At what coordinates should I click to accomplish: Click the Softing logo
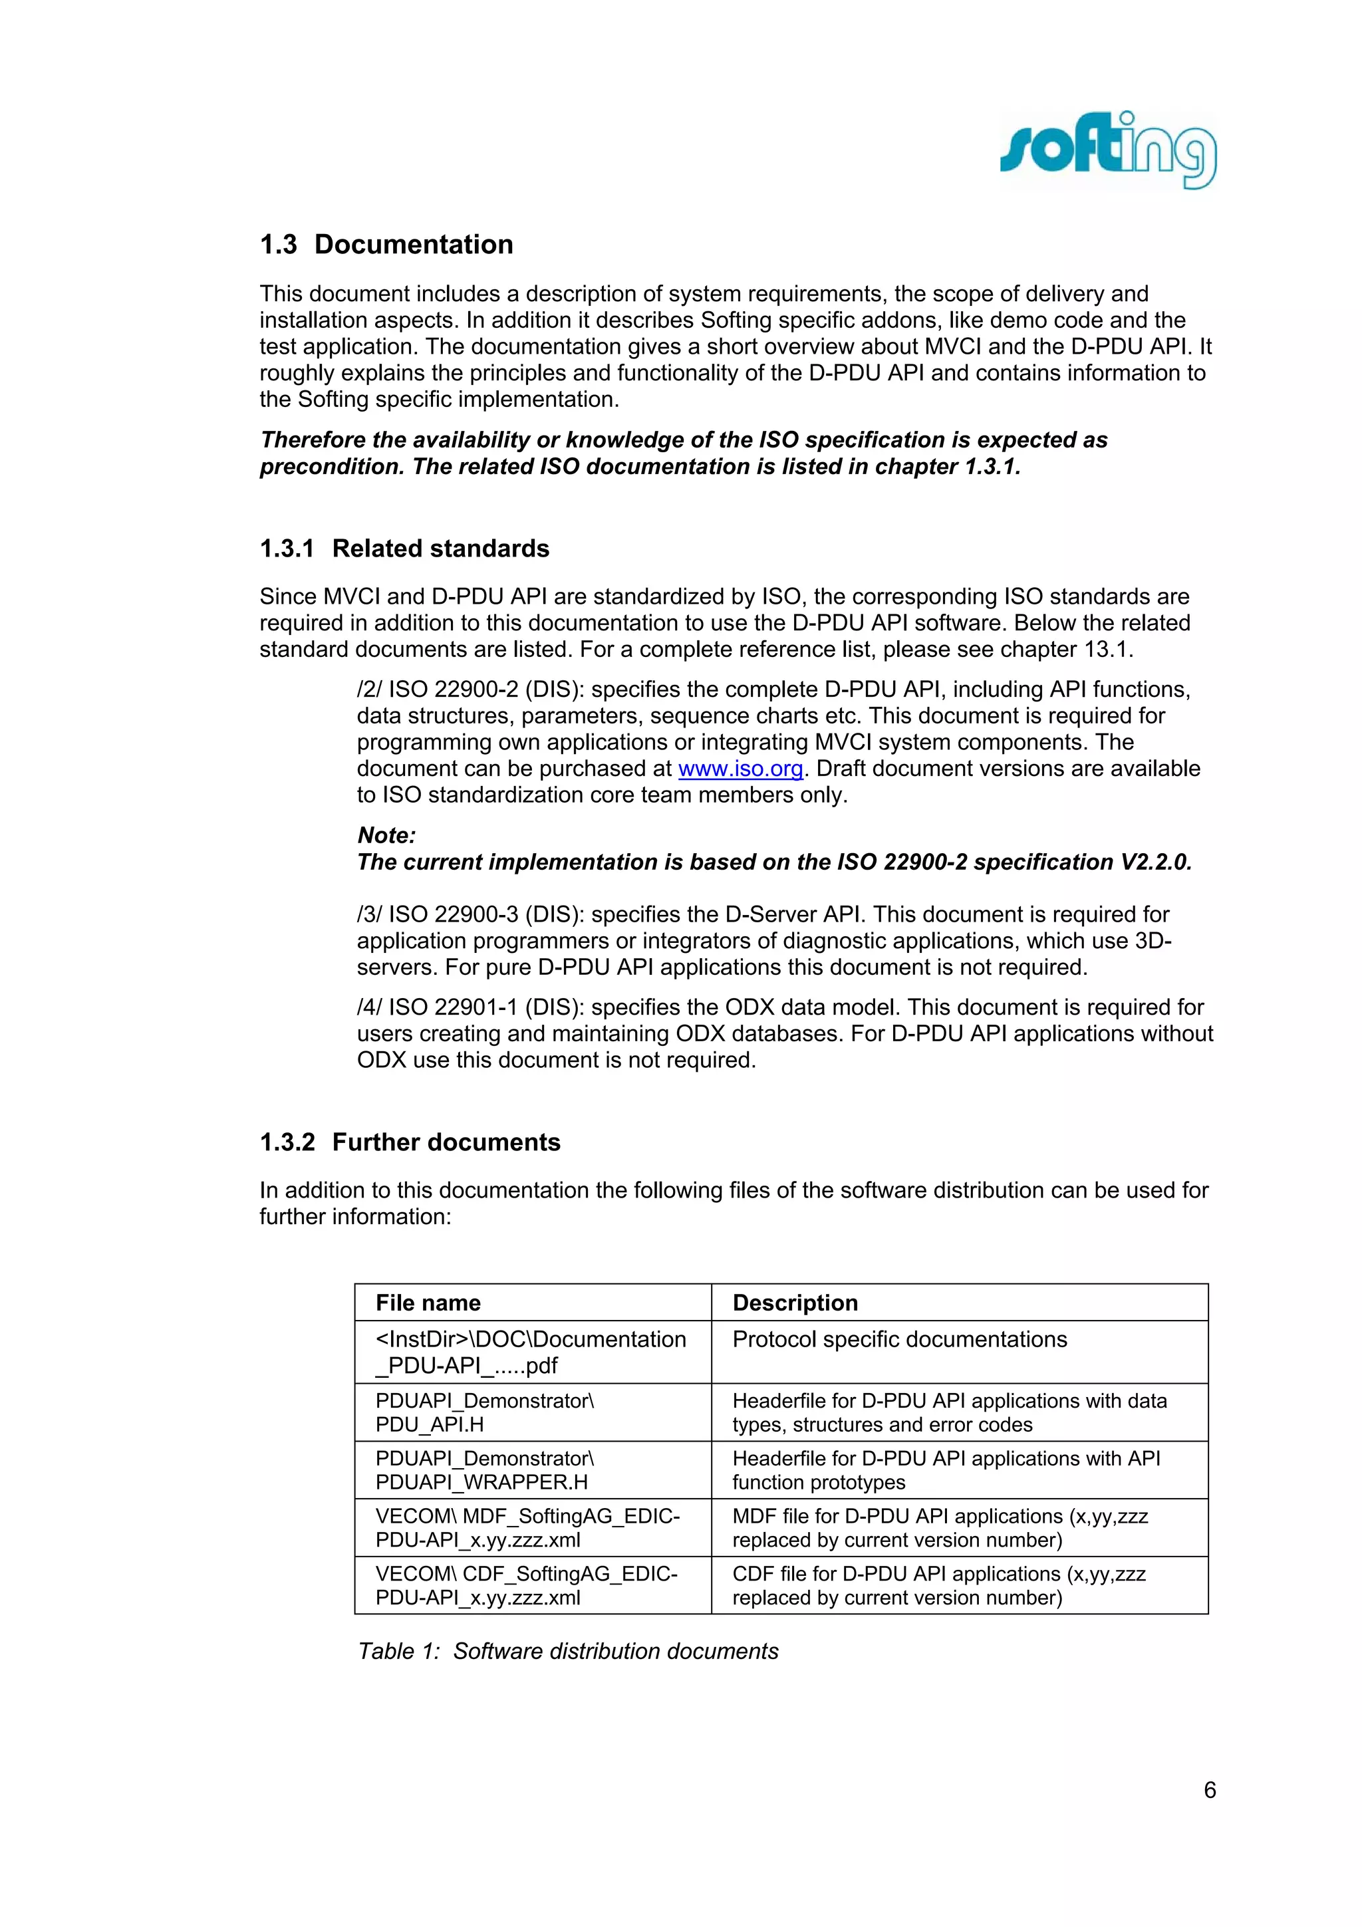click(1108, 152)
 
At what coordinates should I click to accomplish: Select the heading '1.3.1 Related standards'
click(404, 548)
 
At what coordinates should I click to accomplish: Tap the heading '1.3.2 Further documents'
click(410, 1142)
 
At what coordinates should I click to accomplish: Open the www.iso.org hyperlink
click(740, 769)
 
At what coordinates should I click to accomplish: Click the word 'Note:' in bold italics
click(386, 835)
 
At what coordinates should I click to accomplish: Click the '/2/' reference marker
click(368, 690)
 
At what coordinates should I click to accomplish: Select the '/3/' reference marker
click(368, 915)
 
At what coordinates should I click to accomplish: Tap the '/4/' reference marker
click(368, 1007)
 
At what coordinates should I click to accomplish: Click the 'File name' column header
click(428, 1303)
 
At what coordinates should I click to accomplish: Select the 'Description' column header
click(795, 1303)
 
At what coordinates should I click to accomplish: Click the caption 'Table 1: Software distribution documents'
click(568, 1651)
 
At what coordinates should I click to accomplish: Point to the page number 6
click(1209, 1790)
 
